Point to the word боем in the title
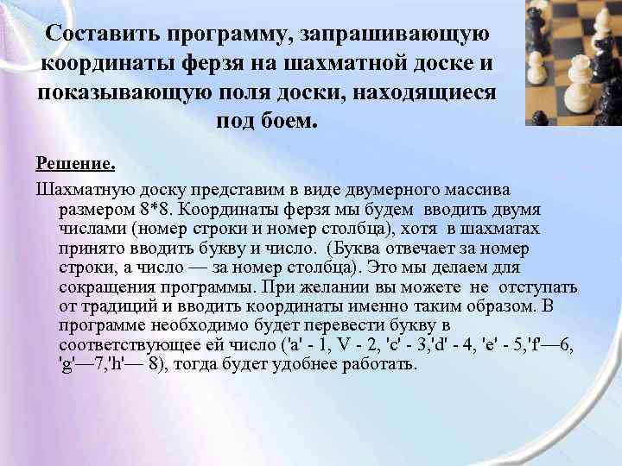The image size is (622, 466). (289, 120)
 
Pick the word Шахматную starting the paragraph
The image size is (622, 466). (81, 188)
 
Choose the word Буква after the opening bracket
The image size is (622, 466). (397, 248)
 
